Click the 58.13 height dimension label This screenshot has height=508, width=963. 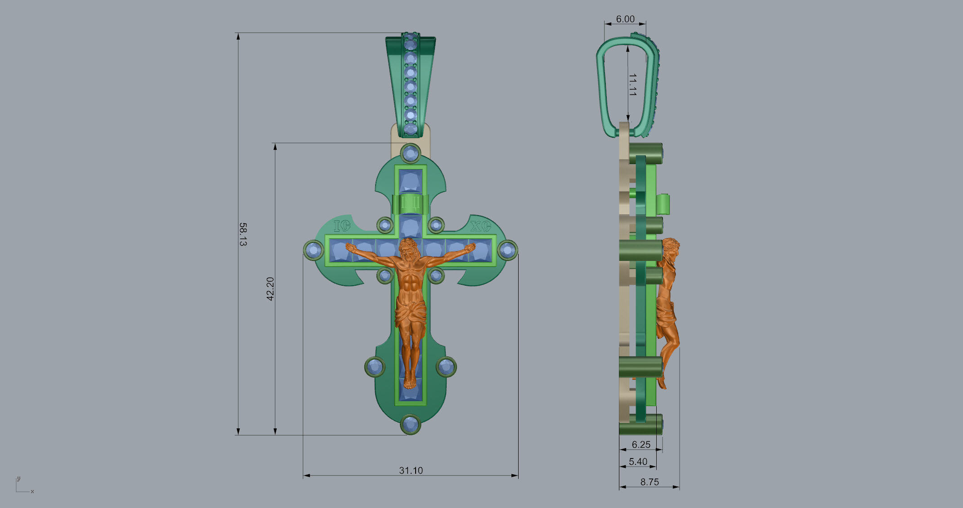coord(243,234)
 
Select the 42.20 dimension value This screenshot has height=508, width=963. coord(270,289)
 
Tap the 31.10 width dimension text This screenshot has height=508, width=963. coord(411,470)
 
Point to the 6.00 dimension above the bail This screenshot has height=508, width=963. coord(625,19)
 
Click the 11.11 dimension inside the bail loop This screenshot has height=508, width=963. coord(632,85)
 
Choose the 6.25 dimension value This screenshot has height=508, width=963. coord(641,445)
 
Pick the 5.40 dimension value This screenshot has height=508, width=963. coord(638,462)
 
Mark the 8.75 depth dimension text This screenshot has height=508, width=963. coord(649,482)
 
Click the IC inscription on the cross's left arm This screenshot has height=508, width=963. coord(342,226)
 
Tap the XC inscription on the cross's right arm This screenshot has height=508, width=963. coord(480,226)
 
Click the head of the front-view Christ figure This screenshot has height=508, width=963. coord(409,249)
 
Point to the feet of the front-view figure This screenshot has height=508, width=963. coord(409,383)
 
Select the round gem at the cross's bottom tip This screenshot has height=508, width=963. coord(410,424)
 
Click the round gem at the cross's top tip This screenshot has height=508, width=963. coord(410,153)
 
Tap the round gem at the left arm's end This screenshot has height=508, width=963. coord(314,250)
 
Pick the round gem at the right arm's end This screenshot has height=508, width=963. coord(507,250)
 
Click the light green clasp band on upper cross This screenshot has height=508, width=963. coord(410,204)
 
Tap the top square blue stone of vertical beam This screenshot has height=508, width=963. coord(410,181)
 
